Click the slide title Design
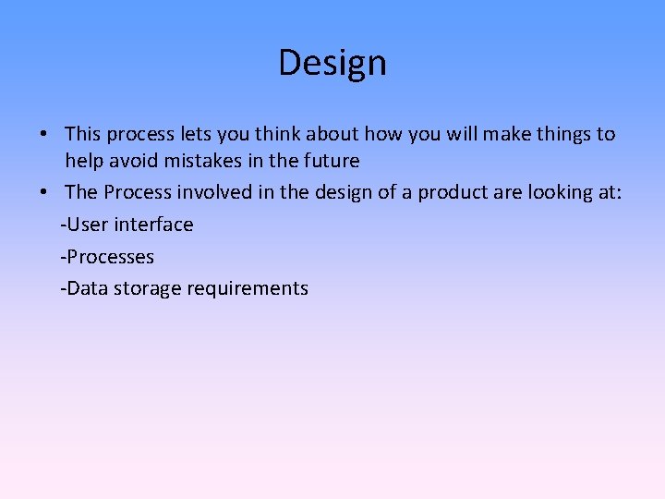(332, 63)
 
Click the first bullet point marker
(43, 135)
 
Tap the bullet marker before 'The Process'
(43, 193)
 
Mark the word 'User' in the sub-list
(87, 225)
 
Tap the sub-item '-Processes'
(107, 256)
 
